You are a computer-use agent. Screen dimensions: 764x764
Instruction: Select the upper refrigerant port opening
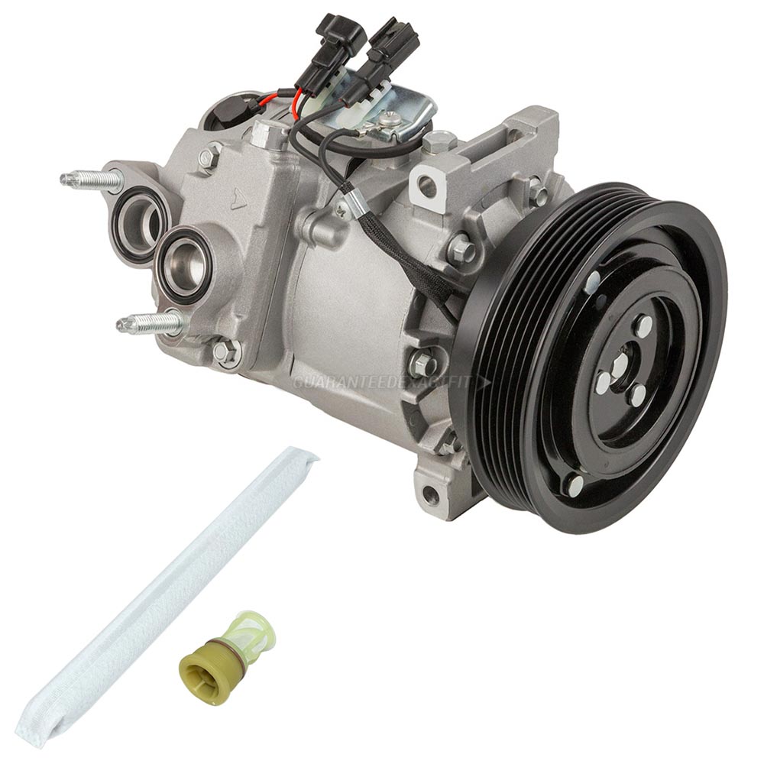pos(141,216)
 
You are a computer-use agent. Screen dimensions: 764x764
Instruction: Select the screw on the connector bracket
pos(390,118)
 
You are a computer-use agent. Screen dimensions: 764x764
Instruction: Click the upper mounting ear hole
pos(428,186)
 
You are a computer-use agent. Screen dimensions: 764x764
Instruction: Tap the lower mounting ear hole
pos(431,494)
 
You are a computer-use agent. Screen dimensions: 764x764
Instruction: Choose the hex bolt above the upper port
pos(207,158)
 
